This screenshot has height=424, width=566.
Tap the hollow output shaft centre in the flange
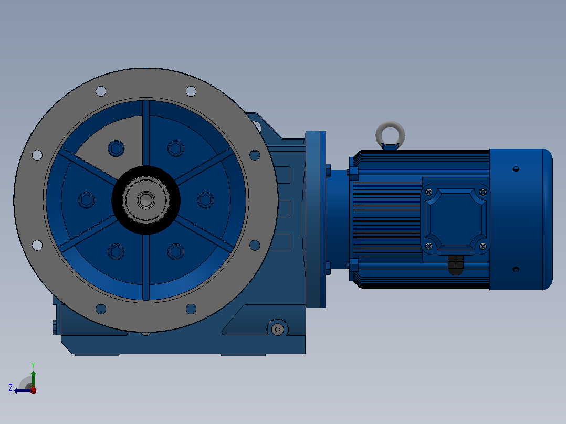[146, 200]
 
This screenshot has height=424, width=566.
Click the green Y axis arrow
[33, 378]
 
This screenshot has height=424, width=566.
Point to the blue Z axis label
[11, 388]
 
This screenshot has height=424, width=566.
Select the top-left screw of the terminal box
[429, 193]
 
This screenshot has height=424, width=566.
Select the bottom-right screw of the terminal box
[483, 246]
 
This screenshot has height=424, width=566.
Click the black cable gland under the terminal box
[456, 265]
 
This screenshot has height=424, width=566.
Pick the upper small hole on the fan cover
[516, 169]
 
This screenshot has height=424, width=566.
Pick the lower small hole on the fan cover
[516, 270]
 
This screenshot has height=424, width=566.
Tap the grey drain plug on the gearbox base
[278, 329]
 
